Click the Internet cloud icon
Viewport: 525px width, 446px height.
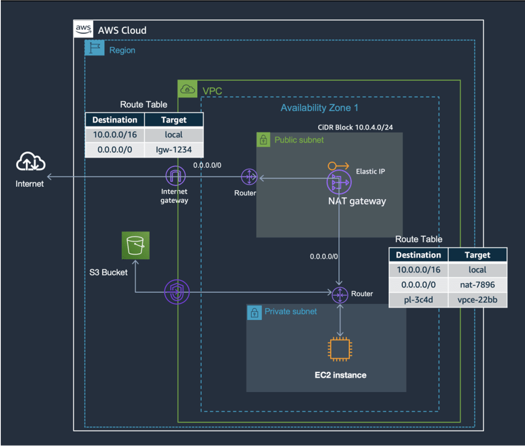pos(31,161)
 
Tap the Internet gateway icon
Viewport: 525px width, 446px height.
pos(175,176)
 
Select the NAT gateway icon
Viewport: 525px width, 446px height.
pos(339,182)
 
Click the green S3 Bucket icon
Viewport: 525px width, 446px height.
pos(136,245)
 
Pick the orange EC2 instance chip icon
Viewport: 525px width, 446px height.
pos(340,349)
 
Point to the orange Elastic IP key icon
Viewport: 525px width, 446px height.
pos(338,166)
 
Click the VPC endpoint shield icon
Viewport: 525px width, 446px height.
pos(177,292)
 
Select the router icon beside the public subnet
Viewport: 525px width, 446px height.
pos(249,177)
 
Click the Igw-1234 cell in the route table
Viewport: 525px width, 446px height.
pos(174,150)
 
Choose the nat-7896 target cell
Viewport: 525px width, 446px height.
pos(477,285)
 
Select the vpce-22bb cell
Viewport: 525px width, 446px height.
pos(477,300)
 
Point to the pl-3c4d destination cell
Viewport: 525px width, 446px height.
pos(418,300)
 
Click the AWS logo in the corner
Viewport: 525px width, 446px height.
pos(84,29)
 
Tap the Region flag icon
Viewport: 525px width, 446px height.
pos(94,48)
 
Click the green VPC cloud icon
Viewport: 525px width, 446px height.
pos(187,89)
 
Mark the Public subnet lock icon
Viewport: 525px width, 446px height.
pos(263,140)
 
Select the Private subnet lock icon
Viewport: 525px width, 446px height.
pos(254,312)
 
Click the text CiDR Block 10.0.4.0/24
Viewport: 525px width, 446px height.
pos(355,127)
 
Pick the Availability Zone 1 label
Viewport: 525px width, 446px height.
pos(319,108)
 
